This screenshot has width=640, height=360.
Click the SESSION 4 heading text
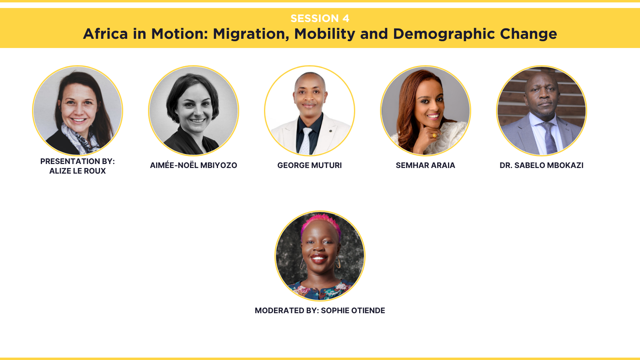click(x=320, y=18)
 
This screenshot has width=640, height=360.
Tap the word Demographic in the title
click(x=444, y=34)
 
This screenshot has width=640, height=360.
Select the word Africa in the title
click(x=106, y=34)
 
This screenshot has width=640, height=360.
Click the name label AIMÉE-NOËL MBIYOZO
click(x=194, y=165)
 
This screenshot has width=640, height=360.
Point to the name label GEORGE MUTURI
click(x=310, y=165)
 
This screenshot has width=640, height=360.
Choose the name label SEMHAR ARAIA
click(x=426, y=165)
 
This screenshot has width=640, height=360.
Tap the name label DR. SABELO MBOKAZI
click(x=542, y=165)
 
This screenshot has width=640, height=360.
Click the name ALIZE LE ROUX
click(x=78, y=171)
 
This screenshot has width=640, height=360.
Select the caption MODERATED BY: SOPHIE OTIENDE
click(x=320, y=310)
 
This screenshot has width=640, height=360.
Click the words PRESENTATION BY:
click(x=78, y=162)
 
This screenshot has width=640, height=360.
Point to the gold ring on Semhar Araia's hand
click(x=434, y=135)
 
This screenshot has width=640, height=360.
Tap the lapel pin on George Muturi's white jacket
click(x=330, y=131)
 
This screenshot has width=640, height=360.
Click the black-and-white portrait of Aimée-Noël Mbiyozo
click(x=194, y=110)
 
